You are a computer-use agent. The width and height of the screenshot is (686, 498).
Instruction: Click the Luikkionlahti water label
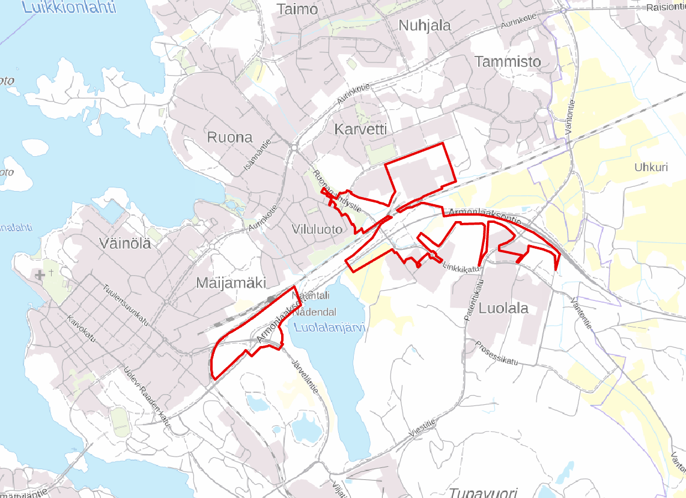67,7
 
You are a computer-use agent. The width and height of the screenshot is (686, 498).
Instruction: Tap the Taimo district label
297,9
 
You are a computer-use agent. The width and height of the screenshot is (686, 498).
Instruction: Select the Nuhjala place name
425,26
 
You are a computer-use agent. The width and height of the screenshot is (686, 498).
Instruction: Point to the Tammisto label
508,61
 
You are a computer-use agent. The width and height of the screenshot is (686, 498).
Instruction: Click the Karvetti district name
360,129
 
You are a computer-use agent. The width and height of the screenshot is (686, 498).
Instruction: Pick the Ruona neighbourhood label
229,137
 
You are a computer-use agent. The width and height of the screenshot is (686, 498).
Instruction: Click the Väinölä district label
126,244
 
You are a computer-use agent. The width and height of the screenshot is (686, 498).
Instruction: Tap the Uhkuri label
651,168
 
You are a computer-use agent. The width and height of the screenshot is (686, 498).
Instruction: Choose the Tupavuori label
483,492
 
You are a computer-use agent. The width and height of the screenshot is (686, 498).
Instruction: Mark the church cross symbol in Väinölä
40,275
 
